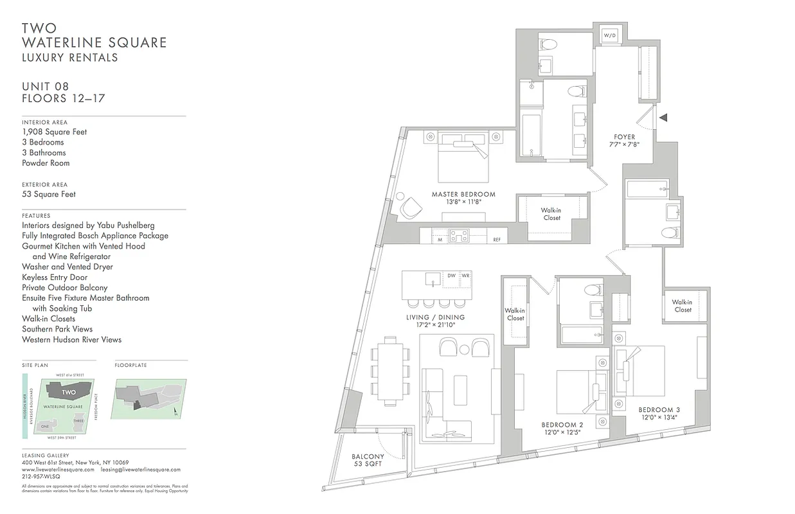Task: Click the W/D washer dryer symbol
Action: click(609, 36)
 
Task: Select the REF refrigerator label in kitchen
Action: click(497, 240)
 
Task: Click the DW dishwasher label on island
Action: click(451, 276)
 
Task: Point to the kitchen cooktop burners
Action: click(460, 236)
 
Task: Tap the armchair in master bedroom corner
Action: click(409, 206)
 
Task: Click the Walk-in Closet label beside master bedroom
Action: click(551, 214)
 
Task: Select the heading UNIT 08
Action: click(45, 87)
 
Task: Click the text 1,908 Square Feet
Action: click(54, 132)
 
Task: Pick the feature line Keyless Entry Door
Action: click(55, 277)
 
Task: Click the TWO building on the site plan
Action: click(69, 392)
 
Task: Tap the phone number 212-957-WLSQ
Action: click(41, 477)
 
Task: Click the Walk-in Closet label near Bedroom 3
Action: click(682, 306)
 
